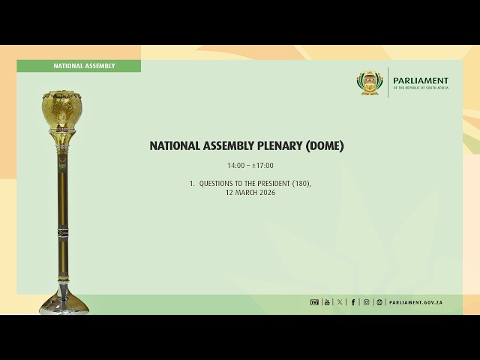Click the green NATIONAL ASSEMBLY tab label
coord(84,66)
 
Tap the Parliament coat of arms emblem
coord(368,82)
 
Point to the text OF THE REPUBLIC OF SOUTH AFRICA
coord(420,88)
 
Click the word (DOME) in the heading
coord(324,146)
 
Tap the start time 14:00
coord(235,166)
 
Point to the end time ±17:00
coord(262,166)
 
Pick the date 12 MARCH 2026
coord(250,193)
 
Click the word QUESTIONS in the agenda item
coord(217,184)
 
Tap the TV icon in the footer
coord(314,302)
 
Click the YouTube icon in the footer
coord(327,302)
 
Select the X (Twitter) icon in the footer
coord(340,302)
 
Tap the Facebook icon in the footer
coord(353,302)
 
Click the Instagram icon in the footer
coord(366,302)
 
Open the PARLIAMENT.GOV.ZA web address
coord(415,302)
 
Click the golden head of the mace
coord(61,111)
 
